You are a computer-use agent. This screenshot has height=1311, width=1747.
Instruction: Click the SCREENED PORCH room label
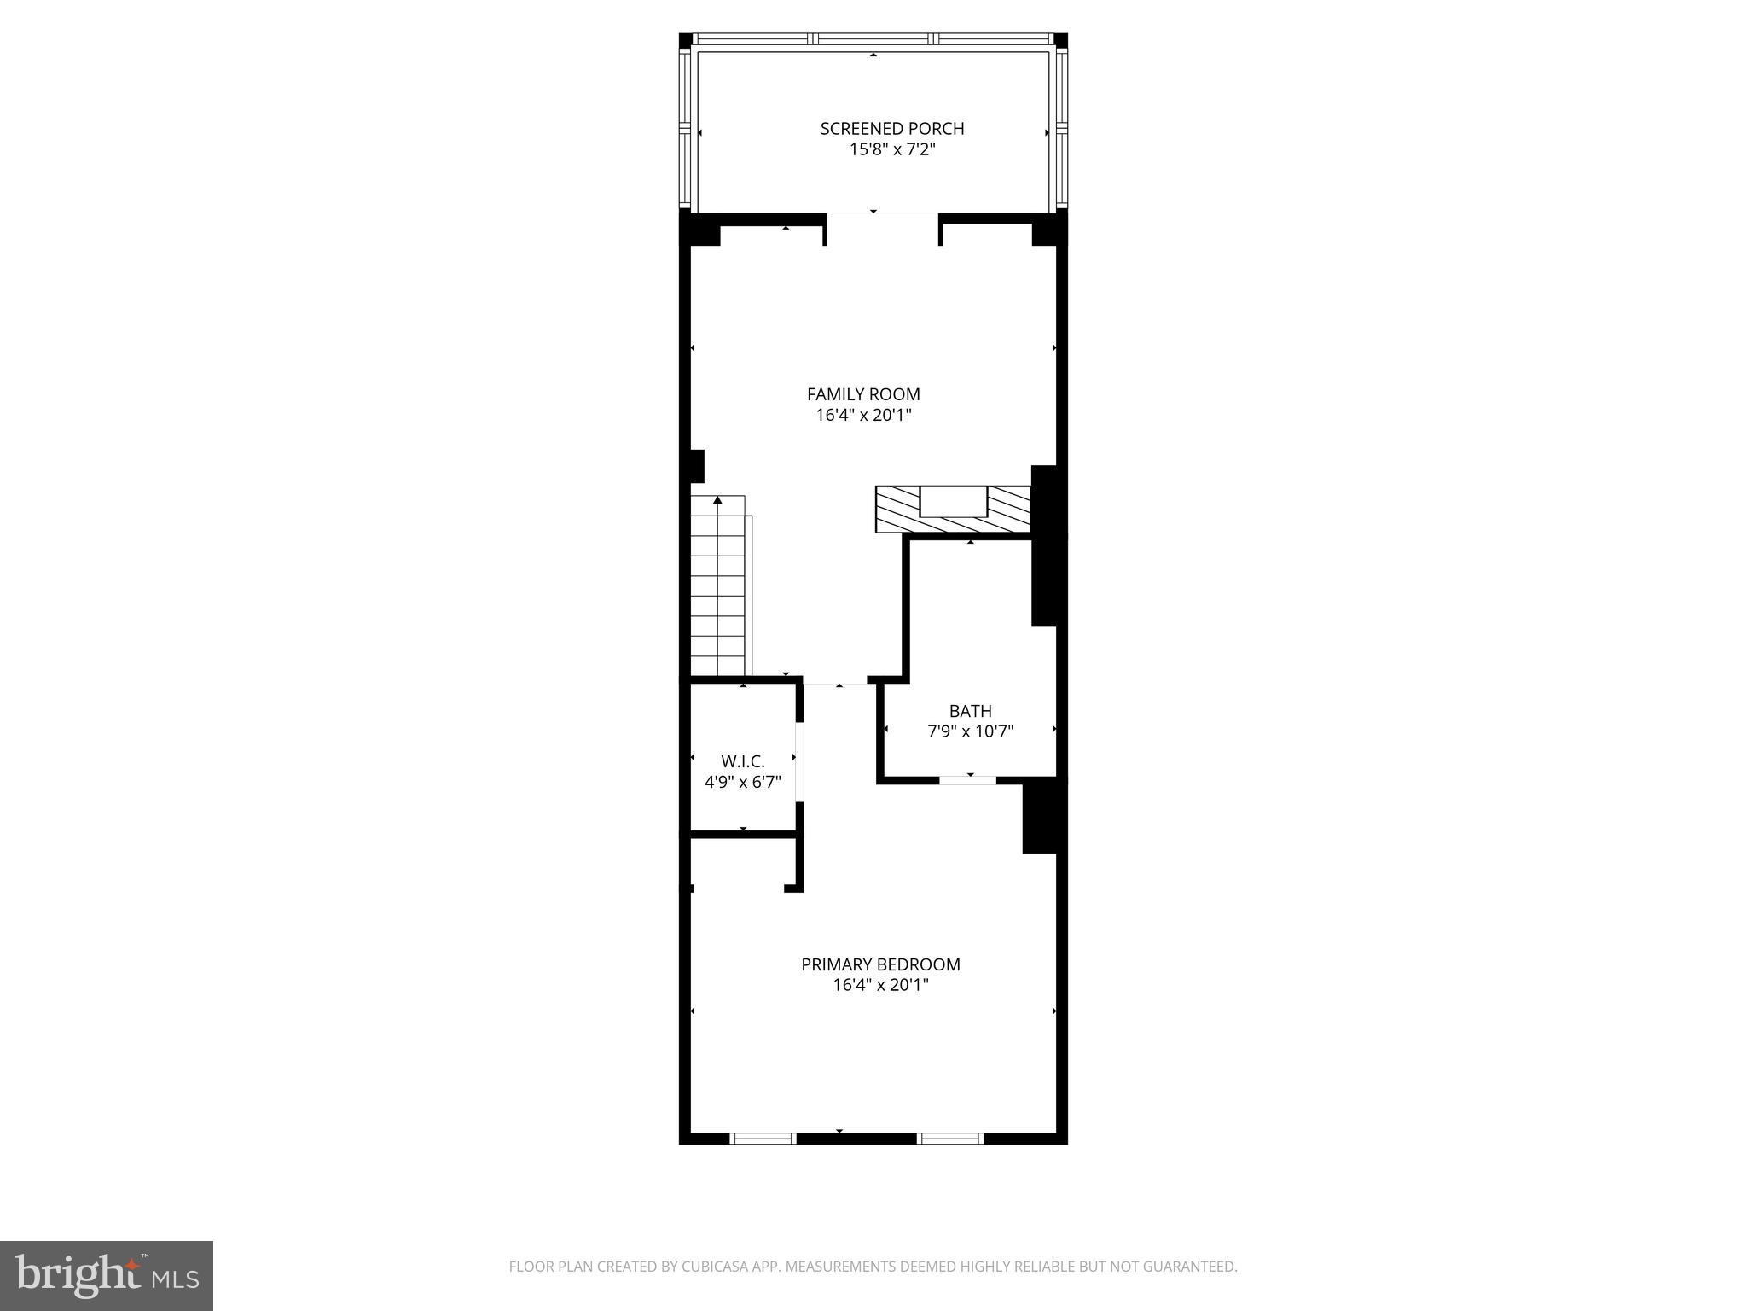click(891, 129)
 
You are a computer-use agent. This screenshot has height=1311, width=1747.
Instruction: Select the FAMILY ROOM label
click(863, 394)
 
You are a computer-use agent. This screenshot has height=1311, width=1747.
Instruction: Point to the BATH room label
click(970, 711)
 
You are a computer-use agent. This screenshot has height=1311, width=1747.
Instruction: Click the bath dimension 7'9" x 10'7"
click(970, 731)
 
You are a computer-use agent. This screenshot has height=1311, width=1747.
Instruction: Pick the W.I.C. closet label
click(742, 761)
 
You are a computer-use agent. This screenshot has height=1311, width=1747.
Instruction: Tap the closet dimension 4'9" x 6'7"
click(742, 782)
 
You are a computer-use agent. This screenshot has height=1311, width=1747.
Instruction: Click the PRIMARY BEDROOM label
click(880, 964)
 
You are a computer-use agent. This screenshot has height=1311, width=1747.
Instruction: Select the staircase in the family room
click(718, 589)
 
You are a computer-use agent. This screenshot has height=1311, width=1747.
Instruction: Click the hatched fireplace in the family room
click(953, 510)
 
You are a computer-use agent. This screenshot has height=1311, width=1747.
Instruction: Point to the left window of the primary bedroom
click(763, 1138)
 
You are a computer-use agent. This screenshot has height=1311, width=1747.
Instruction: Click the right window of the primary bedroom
click(949, 1138)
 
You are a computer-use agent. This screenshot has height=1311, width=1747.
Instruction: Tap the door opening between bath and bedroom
click(967, 779)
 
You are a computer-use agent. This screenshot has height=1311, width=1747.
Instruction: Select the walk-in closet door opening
click(800, 762)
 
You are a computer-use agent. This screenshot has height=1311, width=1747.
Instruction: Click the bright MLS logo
click(107, 1276)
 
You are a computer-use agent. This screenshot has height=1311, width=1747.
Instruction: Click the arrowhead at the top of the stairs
click(717, 499)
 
